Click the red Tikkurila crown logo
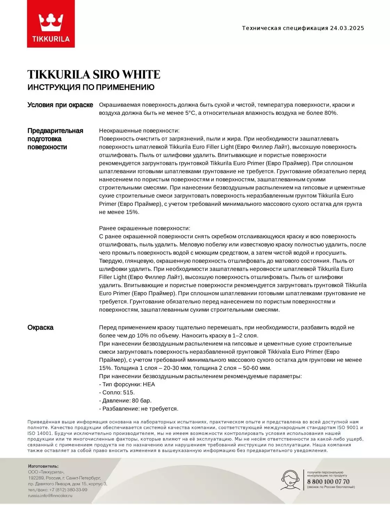pos(51,24)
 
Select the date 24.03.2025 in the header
pos(347,28)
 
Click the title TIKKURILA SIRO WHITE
pos(94,74)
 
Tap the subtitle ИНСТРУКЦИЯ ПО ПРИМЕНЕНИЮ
pos(91,87)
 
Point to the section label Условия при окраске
pos(60,105)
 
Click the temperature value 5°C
pos(190,113)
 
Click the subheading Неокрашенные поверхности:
pos(139,131)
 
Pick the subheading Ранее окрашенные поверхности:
pos(145,229)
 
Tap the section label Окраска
pos(40,328)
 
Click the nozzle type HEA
pos(149,384)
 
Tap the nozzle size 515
pos(128,392)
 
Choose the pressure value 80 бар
pos(141,401)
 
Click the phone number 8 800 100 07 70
pos(328,482)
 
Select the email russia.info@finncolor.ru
pos(50,495)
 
